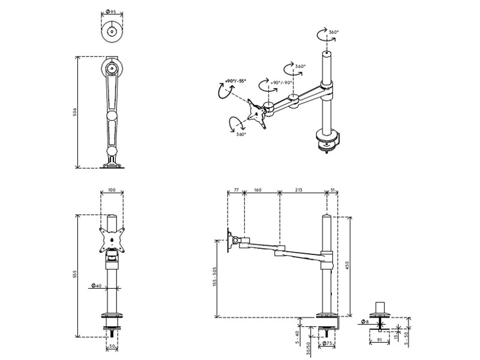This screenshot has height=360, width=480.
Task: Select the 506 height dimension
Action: click(74, 112)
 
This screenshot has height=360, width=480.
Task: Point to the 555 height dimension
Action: click(74, 275)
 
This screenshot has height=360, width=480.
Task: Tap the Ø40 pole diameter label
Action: click(95, 286)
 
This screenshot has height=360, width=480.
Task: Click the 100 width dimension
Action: click(112, 191)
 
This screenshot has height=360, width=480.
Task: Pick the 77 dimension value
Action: click(236, 190)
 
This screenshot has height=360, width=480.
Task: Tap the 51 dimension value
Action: click(334, 190)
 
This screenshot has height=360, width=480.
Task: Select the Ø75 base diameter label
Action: click(328, 344)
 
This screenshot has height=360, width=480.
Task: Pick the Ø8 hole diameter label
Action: click(365, 323)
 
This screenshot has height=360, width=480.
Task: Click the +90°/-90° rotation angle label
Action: click(281, 83)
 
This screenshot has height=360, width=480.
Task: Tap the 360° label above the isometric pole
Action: click(335, 32)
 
